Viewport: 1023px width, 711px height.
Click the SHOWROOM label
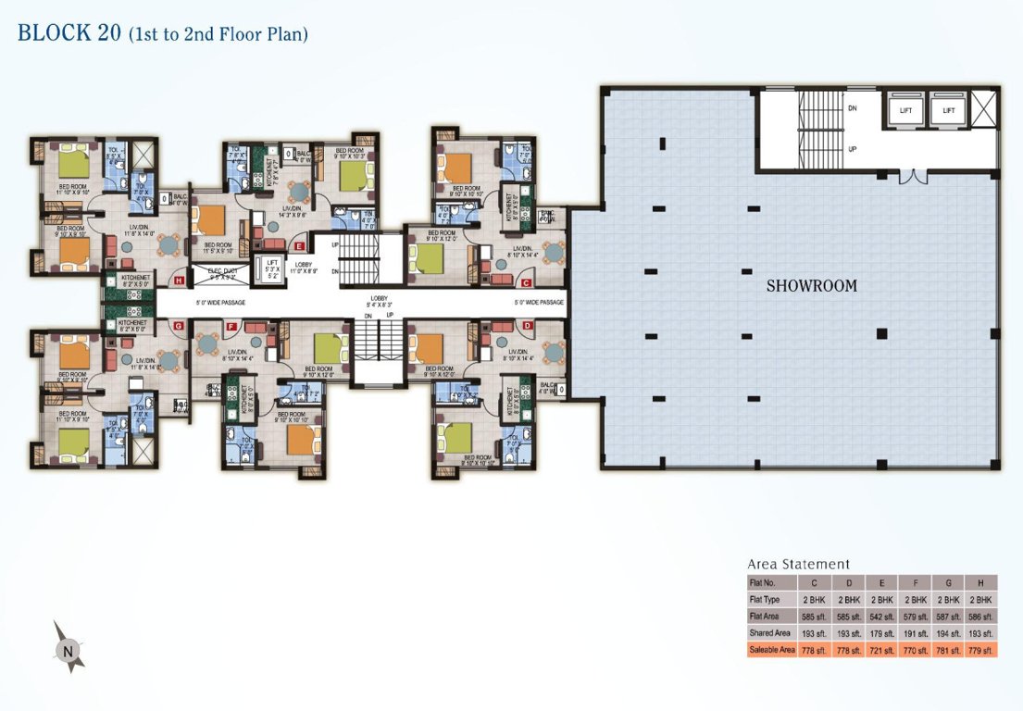811,286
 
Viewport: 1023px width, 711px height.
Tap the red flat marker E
299,245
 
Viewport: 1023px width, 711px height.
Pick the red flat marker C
526,282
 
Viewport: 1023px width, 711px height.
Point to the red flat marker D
527,325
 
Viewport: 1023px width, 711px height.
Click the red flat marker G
180,326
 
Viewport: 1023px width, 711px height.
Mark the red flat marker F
231,325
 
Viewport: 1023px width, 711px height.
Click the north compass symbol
68,650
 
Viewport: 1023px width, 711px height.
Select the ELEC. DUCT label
214,272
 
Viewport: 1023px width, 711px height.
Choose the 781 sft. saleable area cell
946,651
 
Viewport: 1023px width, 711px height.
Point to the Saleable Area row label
771,651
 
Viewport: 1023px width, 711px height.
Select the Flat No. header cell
771,582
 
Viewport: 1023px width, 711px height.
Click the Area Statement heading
798,564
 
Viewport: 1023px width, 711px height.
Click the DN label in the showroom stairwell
852,108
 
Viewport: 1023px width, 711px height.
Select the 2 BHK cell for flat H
979,599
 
